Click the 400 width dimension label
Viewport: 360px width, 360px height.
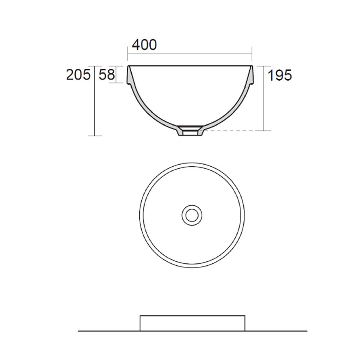click(144, 45)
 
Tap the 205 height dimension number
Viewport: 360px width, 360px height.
click(78, 75)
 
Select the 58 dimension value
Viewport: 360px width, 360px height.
click(107, 75)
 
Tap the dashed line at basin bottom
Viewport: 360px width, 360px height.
click(234, 131)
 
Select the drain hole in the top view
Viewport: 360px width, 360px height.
click(192, 215)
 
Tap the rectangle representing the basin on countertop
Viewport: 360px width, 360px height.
click(192, 323)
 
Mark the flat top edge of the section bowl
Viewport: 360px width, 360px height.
click(190, 66)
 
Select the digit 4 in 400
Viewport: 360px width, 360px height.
click(136, 45)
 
